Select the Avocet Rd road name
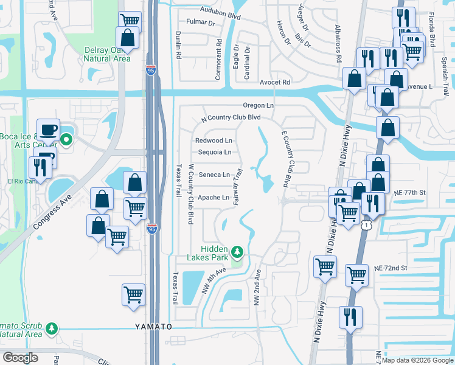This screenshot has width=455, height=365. tap(274, 82)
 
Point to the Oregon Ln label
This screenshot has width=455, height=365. tap(259, 105)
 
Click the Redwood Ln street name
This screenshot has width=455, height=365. tap(214, 141)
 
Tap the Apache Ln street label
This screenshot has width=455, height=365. tap(214, 198)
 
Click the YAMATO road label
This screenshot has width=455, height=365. tap(153, 327)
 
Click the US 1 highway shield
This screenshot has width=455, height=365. tap(366, 226)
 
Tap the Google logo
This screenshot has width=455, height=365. tap(21, 358)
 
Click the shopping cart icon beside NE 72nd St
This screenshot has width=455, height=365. tap(356, 275)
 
